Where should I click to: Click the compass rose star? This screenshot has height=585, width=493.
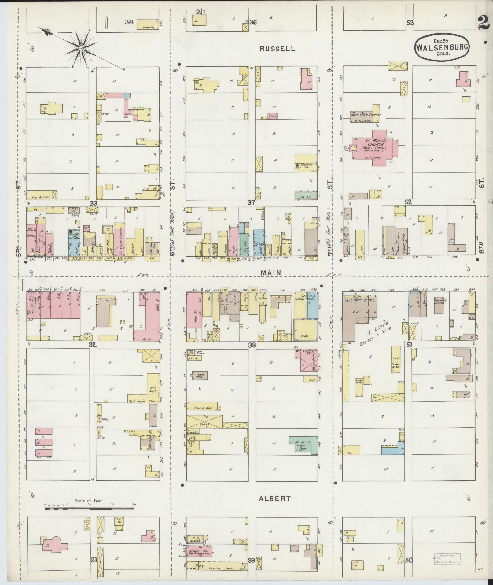click(x=81, y=49)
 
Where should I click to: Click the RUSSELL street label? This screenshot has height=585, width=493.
click(x=278, y=49)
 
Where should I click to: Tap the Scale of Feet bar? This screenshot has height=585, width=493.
click(x=89, y=509)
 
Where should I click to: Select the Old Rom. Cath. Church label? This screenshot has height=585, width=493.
click(x=366, y=115)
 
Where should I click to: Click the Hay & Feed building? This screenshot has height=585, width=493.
click(x=42, y=195)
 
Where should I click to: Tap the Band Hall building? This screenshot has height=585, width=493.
click(x=199, y=375)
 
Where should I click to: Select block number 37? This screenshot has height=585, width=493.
click(x=251, y=202)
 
